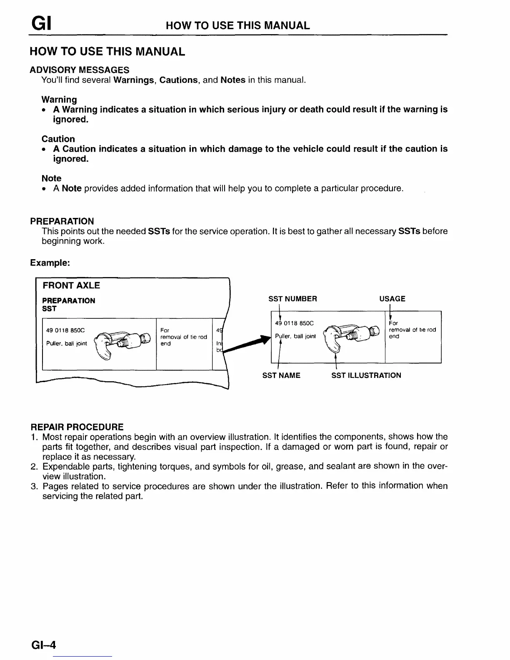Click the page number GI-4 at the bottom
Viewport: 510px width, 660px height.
pyautogui.click(x=43, y=645)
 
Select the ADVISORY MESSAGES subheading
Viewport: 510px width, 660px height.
pyautogui.click(x=79, y=70)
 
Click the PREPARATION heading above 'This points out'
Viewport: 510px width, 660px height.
pyautogui.click(x=62, y=221)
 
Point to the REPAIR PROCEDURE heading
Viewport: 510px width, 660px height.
pyautogui.click(x=77, y=427)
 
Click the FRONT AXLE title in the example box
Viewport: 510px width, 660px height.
pyautogui.click(x=71, y=285)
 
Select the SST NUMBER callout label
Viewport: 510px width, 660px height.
pyautogui.click(x=292, y=299)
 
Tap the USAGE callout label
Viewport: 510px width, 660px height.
pyautogui.click(x=392, y=299)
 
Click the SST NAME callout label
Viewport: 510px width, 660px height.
pyautogui.click(x=281, y=375)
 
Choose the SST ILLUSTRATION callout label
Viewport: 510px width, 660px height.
pyautogui.click(x=366, y=375)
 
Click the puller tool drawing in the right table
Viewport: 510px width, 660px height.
pyautogui.click(x=352, y=335)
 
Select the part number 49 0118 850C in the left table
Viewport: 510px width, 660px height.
pyautogui.click(x=65, y=330)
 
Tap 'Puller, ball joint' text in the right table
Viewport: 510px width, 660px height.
pyautogui.click(x=295, y=336)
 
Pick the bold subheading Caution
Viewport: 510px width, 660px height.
pyautogui.click(x=58, y=139)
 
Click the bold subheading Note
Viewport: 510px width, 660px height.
pyautogui.click(x=51, y=178)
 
